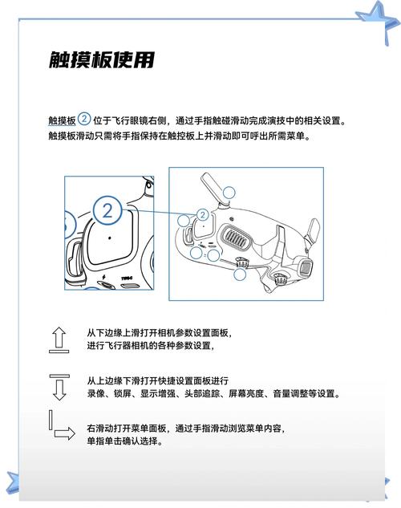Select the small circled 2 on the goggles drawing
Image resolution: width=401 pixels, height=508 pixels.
click(202, 214)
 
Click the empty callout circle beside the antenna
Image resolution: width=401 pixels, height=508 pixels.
click(230, 192)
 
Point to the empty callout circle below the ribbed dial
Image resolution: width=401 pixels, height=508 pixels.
click(239, 274)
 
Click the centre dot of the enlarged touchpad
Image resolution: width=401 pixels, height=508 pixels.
click(110, 239)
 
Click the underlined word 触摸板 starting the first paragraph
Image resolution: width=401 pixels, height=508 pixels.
click(62, 120)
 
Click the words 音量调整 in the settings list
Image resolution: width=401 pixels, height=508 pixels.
click(299, 394)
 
